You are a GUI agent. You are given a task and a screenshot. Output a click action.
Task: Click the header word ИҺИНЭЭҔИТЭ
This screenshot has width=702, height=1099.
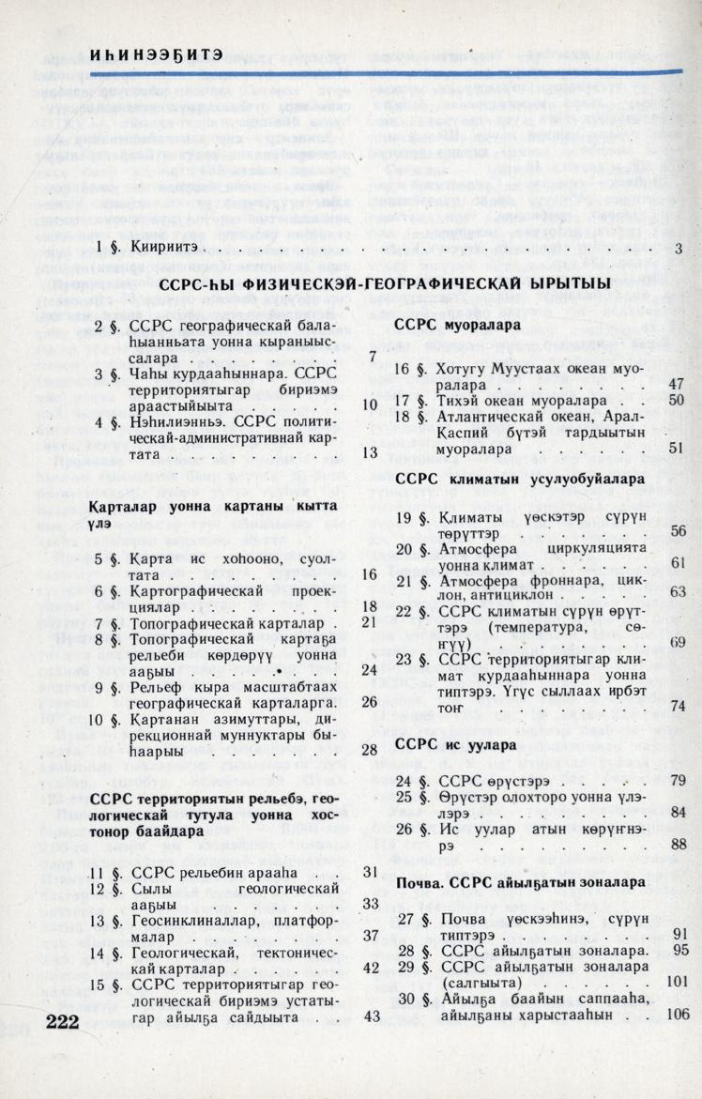point(157,54)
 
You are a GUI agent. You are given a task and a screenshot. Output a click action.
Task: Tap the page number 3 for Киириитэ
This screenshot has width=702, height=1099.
point(678,249)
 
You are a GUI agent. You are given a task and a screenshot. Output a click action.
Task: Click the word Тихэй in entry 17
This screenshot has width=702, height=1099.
point(458,401)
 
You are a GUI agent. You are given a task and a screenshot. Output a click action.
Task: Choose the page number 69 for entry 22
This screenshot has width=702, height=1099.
point(678,642)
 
